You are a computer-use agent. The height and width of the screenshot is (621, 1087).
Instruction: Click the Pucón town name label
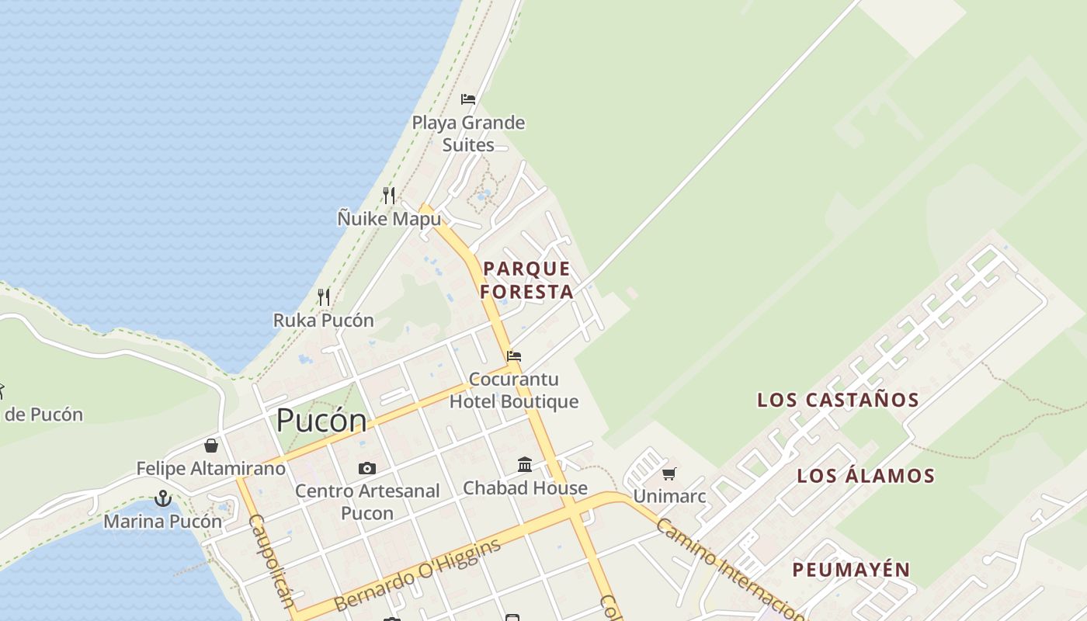tap(321, 421)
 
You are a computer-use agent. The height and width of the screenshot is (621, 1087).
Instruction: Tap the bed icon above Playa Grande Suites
tap(468, 99)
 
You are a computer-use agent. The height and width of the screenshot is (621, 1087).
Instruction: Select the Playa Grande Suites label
tap(468, 134)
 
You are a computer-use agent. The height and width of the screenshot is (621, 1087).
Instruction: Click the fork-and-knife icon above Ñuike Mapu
tap(389, 195)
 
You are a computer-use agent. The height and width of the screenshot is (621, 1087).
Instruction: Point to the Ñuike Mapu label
tap(389, 219)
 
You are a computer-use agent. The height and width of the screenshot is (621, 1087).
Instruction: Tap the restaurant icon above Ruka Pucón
tap(324, 297)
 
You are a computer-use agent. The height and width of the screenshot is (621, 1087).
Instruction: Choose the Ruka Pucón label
tap(323, 320)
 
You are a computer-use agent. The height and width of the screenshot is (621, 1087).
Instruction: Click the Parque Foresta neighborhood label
tap(527, 280)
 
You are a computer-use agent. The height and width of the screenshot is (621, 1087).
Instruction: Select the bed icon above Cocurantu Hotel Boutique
tap(514, 356)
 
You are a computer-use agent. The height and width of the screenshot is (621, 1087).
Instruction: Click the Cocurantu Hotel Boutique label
tap(514, 390)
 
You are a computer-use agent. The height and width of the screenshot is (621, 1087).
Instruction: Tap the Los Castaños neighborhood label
tap(839, 401)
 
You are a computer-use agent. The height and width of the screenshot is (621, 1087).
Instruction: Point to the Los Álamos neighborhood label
tap(866, 476)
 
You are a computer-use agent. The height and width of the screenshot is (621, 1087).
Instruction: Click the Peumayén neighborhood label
tap(851, 570)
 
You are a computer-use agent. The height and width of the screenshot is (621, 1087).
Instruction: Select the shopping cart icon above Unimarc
tap(669, 474)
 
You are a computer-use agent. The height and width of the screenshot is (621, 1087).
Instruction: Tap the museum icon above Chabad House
tap(525, 464)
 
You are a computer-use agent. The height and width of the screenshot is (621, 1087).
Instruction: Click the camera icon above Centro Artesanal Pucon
tap(367, 468)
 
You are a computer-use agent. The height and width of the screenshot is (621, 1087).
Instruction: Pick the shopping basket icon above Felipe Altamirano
tap(210, 446)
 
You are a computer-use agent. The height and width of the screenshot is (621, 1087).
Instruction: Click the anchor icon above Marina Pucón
tap(163, 498)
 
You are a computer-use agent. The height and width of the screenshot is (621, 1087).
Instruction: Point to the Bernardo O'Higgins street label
tap(417, 574)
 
